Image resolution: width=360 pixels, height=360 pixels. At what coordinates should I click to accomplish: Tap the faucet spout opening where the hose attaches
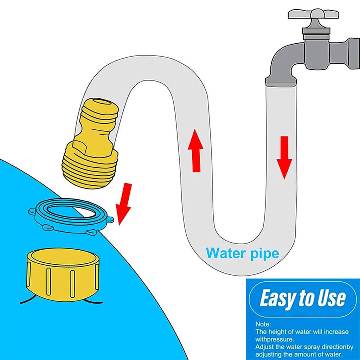(x=281, y=82)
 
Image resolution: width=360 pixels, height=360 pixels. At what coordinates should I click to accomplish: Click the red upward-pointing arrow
(x=195, y=150)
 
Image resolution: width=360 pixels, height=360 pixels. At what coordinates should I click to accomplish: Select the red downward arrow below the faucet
(x=284, y=157)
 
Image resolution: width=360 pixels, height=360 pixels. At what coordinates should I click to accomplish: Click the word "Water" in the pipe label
(x=223, y=253)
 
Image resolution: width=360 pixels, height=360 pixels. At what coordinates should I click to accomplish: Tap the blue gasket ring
(x=71, y=216)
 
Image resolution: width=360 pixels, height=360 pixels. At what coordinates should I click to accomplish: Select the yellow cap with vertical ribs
(x=63, y=275)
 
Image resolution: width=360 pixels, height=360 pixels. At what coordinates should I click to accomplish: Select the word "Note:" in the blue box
(x=263, y=324)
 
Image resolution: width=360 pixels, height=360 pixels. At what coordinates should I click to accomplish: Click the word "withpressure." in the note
(x=275, y=339)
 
